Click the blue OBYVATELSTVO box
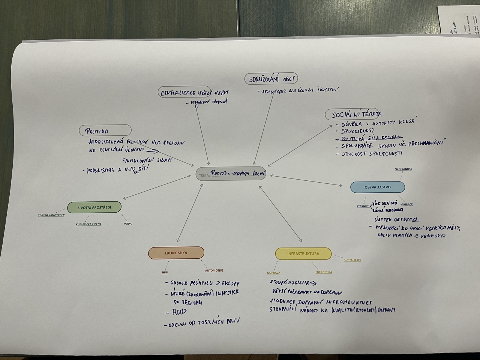pyautogui.click(x=378, y=187)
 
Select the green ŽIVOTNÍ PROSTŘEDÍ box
pyautogui.click(x=94, y=207)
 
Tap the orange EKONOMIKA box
pyautogui.click(x=176, y=253)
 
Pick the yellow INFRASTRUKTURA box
pyautogui.click(x=303, y=254)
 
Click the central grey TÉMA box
pyautogui.click(x=231, y=173)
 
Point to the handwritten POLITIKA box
pyautogui.click(x=105, y=130)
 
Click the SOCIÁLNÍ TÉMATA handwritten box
pyautogui.click(x=353, y=114)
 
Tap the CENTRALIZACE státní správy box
pyautogui.click(x=195, y=93)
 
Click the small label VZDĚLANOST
pyautogui.click(x=403, y=169)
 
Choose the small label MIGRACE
pyautogui.click(x=406, y=204)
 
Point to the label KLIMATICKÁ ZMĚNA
pyautogui.click(x=88, y=224)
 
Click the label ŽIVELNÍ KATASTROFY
pyautogui.click(x=51, y=215)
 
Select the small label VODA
pyautogui.click(x=128, y=224)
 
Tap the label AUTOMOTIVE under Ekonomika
pyautogui.click(x=214, y=270)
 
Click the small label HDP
pyautogui.click(x=165, y=273)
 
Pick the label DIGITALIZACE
pyautogui.click(x=352, y=260)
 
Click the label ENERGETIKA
pyautogui.click(x=324, y=272)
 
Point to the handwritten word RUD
pyautogui.click(x=179, y=312)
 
